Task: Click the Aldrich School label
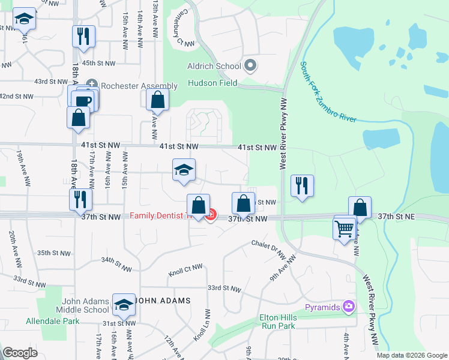click(x=214, y=66)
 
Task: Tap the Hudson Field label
click(x=212, y=83)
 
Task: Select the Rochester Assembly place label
click(x=139, y=86)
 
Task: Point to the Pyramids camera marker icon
click(x=348, y=307)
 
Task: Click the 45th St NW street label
click(x=97, y=63)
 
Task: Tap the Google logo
click(x=20, y=352)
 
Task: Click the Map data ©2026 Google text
click(x=411, y=355)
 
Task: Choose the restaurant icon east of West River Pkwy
click(x=301, y=186)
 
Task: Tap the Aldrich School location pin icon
click(x=251, y=66)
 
